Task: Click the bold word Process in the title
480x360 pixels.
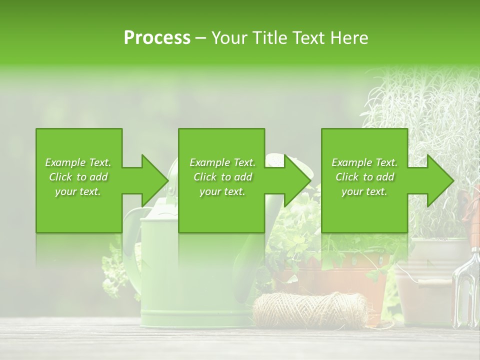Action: [157, 37]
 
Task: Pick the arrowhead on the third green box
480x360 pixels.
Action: [440, 180]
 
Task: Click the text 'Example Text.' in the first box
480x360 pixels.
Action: [78, 162]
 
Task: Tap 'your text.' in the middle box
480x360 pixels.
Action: [222, 191]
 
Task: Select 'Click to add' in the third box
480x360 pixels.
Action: [364, 177]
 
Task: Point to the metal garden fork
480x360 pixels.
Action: [465, 285]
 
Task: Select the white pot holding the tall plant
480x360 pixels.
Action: [425, 280]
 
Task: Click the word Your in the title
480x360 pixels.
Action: [228, 37]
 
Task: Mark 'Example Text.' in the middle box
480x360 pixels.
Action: [222, 162]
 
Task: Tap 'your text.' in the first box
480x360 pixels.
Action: [78, 191]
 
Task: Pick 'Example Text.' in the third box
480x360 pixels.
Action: [364, 162]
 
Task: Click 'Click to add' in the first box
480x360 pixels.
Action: [78, 177]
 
